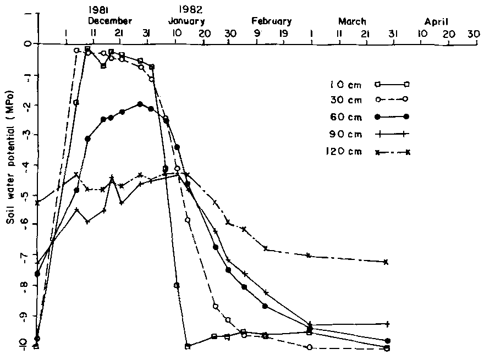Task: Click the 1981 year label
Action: pyautogui.click(x=98, y=10)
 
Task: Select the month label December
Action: pyautogui.click(x=110, y=21)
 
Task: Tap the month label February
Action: pyautogui.click(x=271, y=21)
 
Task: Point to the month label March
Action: pyautogui.click(x=352, y=21)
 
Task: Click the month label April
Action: pyautogui.click(x=436, y=21)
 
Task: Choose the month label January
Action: pyautogui.click(x=186, y=21)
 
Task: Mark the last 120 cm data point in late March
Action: pyautogui.click(x=387, y=262)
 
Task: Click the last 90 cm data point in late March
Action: pyautogui.click(x=388, y=324)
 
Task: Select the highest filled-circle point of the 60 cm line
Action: pyautogui.click(x=140, y=104)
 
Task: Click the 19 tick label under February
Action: pyautogui.click(x=283, y=34)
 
